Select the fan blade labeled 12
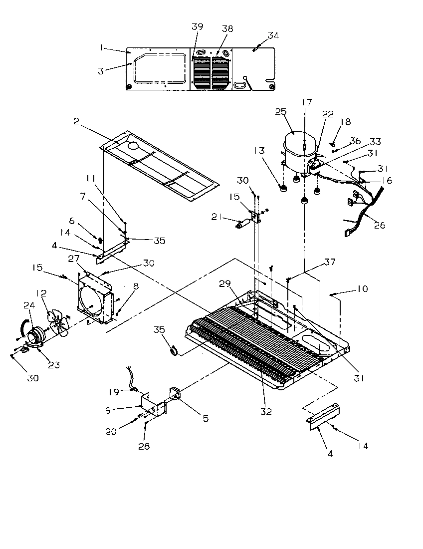[x=56, y=324]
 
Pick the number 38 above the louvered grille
[x=227, y=29]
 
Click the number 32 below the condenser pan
[x=266, y=411]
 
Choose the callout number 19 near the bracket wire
[x=114, y=392]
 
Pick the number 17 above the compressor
[x=306, y=102]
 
